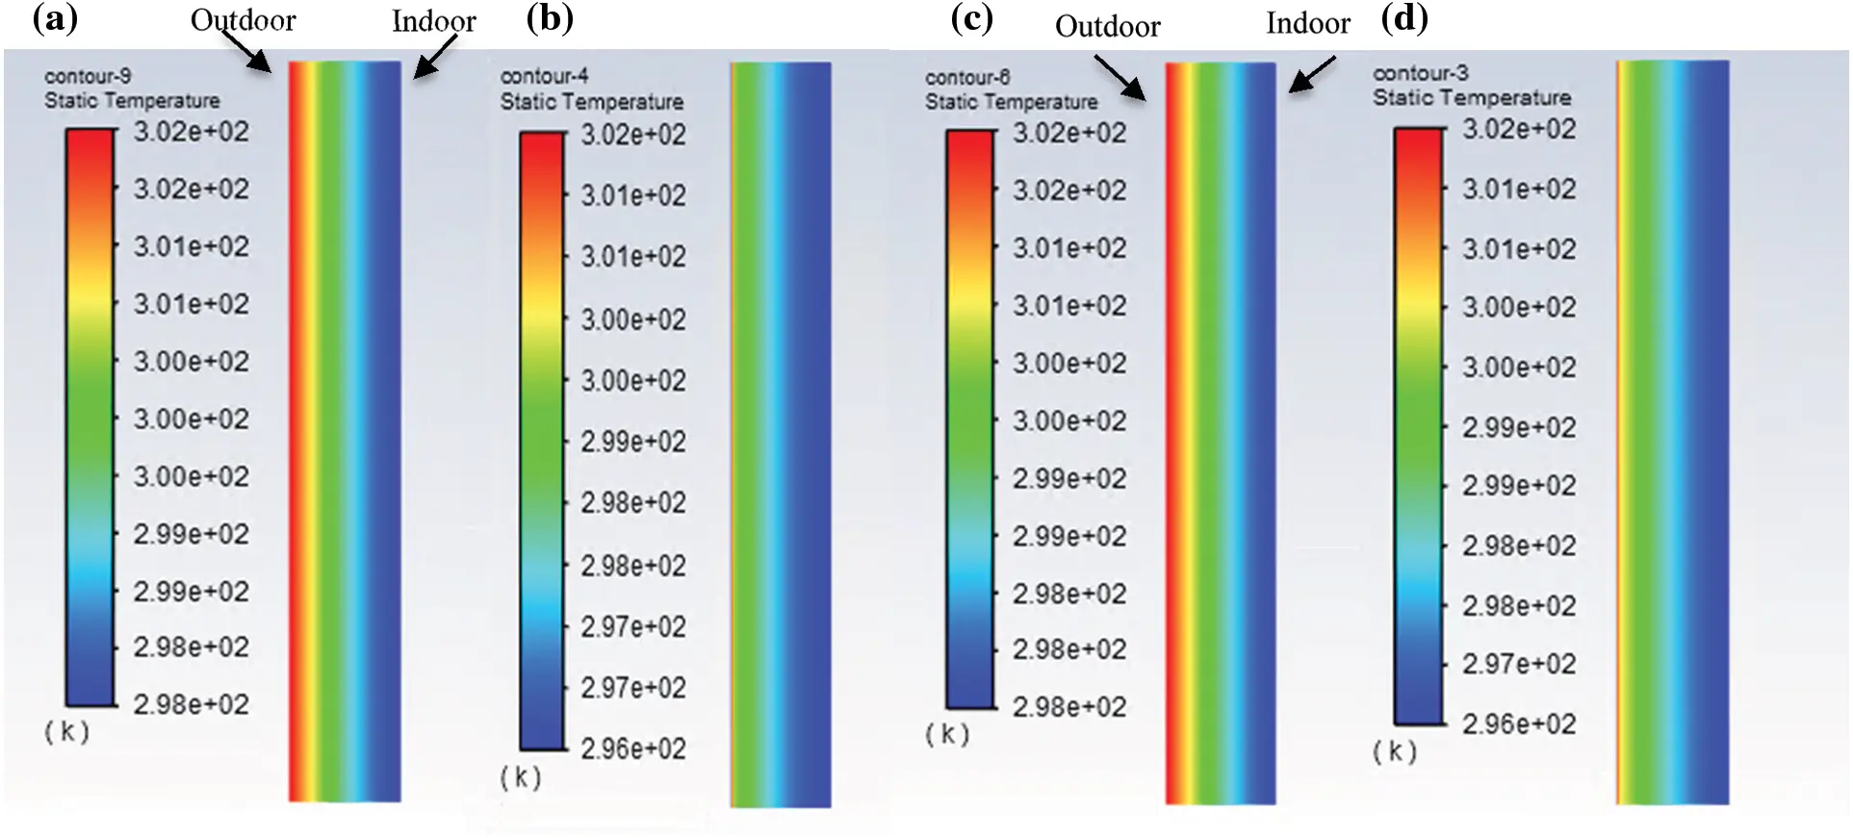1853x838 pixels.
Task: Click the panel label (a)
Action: click(55, 18)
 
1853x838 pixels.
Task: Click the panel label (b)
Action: click(550, 18)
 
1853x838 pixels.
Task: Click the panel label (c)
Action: click(971, 18)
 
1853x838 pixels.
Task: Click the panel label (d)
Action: click(1404, 18)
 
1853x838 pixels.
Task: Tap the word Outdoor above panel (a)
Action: click(243, 20)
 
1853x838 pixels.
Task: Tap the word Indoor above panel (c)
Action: click(1307, 23)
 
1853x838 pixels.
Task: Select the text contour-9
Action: click(88, 76)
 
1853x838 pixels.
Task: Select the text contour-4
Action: click(544, 76)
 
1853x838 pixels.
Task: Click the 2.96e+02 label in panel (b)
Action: click(632, 749)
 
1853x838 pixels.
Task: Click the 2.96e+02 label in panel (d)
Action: click(1518, 724)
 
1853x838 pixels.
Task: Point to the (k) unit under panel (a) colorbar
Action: click(66, 732)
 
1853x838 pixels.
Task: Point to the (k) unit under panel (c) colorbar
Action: click(947, 735)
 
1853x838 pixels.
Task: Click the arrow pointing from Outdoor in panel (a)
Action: click(248, 53)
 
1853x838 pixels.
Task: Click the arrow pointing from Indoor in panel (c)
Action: click(1312, 74)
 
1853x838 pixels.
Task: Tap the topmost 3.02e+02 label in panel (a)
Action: click(191, 132)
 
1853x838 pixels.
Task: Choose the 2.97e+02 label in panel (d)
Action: click(1518, 664)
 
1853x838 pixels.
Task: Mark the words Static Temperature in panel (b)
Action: click(591, 102)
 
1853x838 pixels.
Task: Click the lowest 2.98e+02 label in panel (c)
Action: click(1068, 707)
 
